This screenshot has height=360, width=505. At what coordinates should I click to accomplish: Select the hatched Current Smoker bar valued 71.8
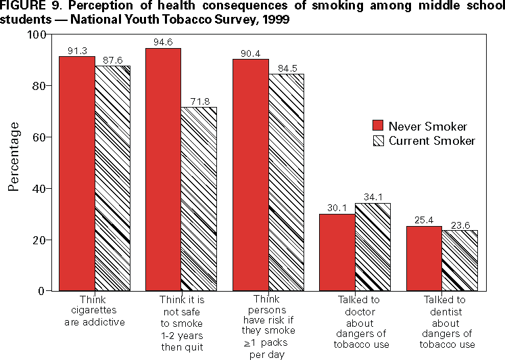[x=199, y=199]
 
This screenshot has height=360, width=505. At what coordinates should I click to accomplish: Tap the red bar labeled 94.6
[x=163, y=169]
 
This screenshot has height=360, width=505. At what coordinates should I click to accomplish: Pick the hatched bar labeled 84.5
[x=286, y=182]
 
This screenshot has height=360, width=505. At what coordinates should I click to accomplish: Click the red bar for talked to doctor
[x=337, y=252]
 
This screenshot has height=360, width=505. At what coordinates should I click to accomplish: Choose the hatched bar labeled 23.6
[x=460, y=261]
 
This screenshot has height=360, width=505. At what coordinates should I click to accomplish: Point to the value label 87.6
[x=112, y=61]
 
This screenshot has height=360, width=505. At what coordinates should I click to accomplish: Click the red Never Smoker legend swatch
[x=379, y=126]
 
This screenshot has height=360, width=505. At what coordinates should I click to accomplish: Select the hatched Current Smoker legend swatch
[x=379, y=141]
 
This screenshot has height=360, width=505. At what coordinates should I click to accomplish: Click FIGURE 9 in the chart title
[x=27, y=6]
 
